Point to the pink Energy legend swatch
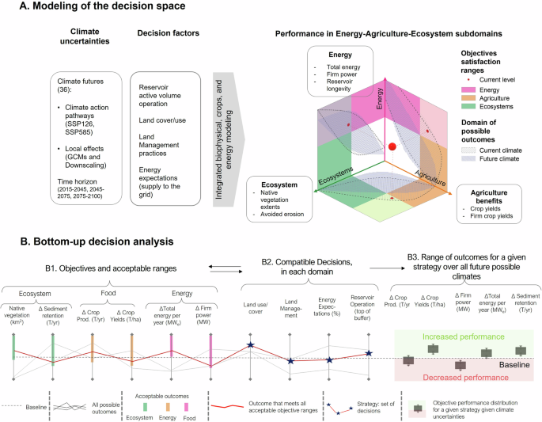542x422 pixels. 470,91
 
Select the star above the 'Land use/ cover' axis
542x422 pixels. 251,345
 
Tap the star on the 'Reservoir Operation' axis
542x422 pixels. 368,353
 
